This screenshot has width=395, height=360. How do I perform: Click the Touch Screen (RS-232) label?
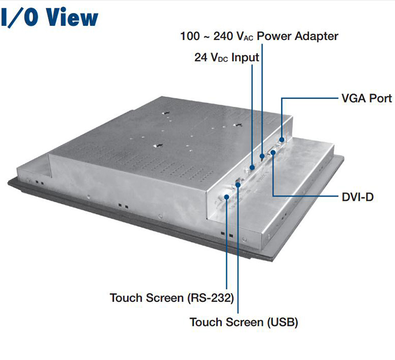tap(172, 298)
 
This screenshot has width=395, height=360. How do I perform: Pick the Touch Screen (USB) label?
tap(244, 322)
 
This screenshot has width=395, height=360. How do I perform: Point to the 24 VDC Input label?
tap(227, 57)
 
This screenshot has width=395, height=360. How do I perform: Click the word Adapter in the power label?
tap(313, 36)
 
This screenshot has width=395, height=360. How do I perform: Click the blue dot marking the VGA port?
tap(282, 139)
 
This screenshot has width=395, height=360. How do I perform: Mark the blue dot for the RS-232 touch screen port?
tap(226, 197)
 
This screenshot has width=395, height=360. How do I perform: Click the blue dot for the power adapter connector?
tap(262, 157)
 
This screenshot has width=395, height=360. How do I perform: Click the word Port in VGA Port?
tap(381, 99)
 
